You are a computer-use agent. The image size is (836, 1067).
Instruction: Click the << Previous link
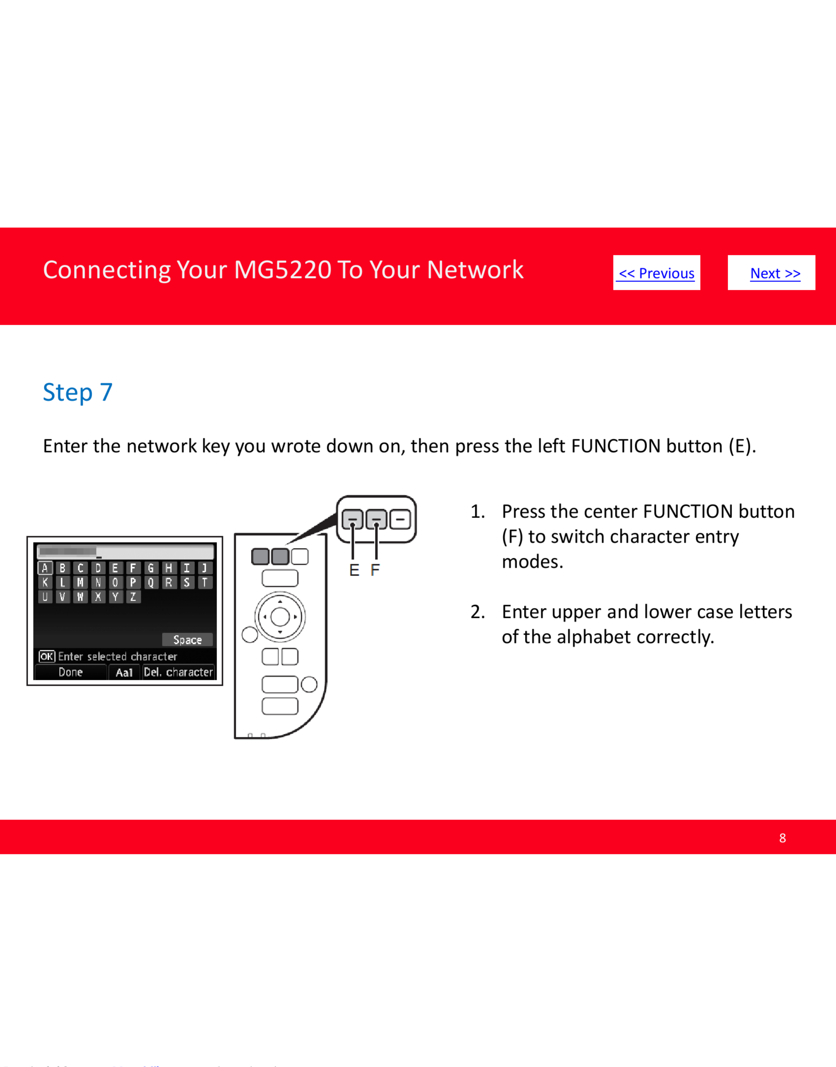[656, 273]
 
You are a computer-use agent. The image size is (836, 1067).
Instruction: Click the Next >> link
[775, 273]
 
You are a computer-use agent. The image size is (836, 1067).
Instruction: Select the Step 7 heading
[78, 392]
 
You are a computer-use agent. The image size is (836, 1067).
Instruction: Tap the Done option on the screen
[71, 672]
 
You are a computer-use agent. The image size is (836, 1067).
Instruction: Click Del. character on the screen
[178, 672]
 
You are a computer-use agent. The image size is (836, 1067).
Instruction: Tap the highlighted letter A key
[45, 568]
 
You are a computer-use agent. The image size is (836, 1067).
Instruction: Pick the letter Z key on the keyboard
[133, 597]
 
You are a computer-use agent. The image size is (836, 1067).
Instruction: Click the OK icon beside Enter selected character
[47, 656]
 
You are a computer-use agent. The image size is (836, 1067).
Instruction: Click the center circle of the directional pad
[280, 617]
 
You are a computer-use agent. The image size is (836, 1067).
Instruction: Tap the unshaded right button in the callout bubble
[400, 519]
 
